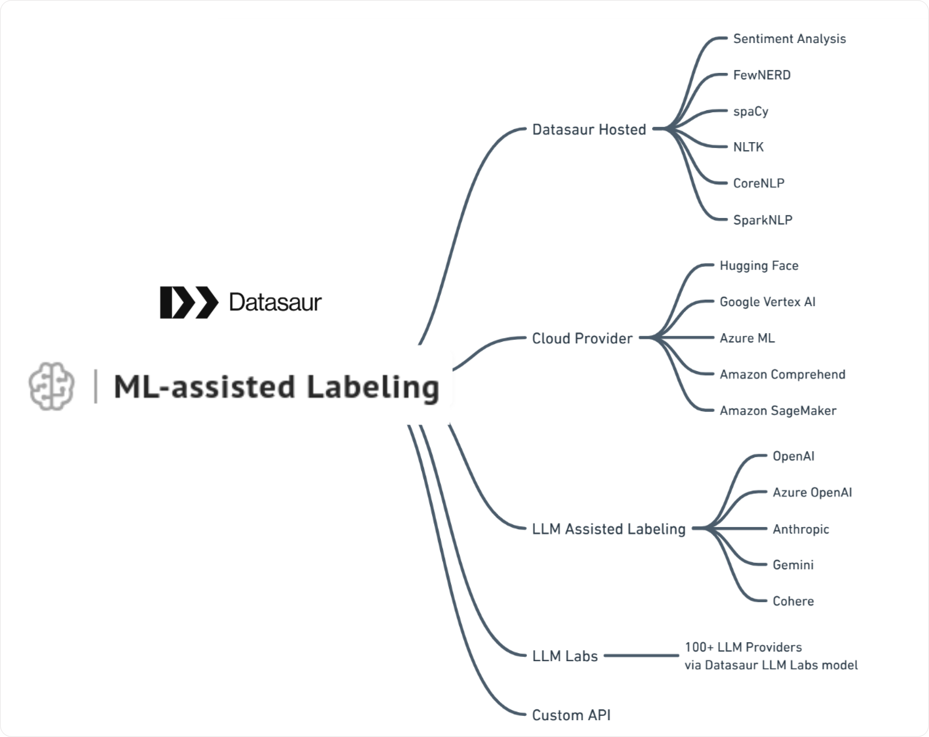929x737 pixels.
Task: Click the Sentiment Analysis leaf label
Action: [x=789, y=39]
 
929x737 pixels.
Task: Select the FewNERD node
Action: [x=761, y=75]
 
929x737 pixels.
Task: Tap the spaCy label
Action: [x=750, y=111]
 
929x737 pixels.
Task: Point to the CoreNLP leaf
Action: [x=759, y=183]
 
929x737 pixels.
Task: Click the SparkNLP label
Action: [x=762, y=220]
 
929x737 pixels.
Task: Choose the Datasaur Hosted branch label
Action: [x=589, y=129]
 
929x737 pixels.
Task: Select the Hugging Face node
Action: [x=759, y=265]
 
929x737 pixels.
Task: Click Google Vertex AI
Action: [x=767, y=302]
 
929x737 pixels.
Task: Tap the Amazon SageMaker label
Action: [x=777, y=410]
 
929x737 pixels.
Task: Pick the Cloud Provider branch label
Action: [x=582, y=338]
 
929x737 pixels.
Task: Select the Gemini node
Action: [x=792, y=565]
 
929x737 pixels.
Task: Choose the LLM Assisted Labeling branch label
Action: [x=608, y=529]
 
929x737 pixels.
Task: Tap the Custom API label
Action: [x=571, y=715]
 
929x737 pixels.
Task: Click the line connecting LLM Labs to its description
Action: [x=641, y=656]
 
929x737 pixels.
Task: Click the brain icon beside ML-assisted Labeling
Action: [x=51, y=386]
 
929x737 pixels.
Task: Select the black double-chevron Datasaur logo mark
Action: [x=189, y=302]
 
